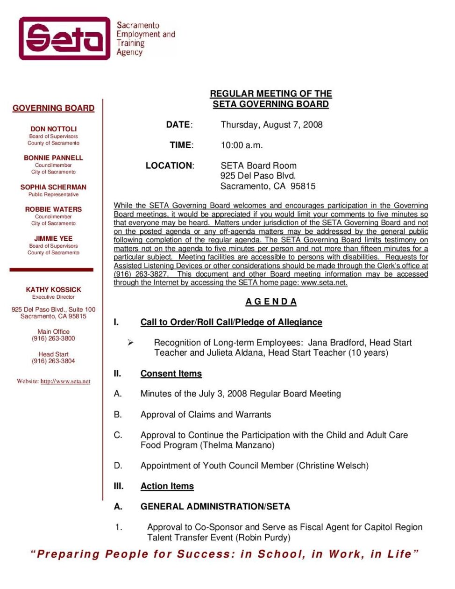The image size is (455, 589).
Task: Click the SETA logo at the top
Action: (64, 38)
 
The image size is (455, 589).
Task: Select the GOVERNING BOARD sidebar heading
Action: (53, 108)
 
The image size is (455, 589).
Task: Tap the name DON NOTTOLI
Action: (53, 129)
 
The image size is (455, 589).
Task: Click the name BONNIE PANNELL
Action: (53, 158)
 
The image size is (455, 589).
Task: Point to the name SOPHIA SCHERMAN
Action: (53, 187)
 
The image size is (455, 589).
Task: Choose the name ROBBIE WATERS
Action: (53, 209)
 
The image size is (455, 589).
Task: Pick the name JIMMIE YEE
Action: (53, 238)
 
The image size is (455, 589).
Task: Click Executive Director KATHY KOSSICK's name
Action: (53, 289)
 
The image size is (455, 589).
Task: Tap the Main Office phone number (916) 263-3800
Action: (53, 338)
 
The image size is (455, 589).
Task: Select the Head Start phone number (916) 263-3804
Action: (53, 361)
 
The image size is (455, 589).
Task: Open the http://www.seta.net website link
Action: (65, 381)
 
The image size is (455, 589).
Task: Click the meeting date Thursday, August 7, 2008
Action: (271, 125)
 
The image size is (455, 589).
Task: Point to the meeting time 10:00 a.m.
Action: (242, 145)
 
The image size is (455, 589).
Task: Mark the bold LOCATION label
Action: (169, 165)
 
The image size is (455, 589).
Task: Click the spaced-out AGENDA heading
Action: (271, 302)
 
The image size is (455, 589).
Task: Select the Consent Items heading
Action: (171, 374)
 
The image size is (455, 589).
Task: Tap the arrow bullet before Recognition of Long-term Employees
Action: (130, 343)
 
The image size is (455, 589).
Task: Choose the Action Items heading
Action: (167, 486)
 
